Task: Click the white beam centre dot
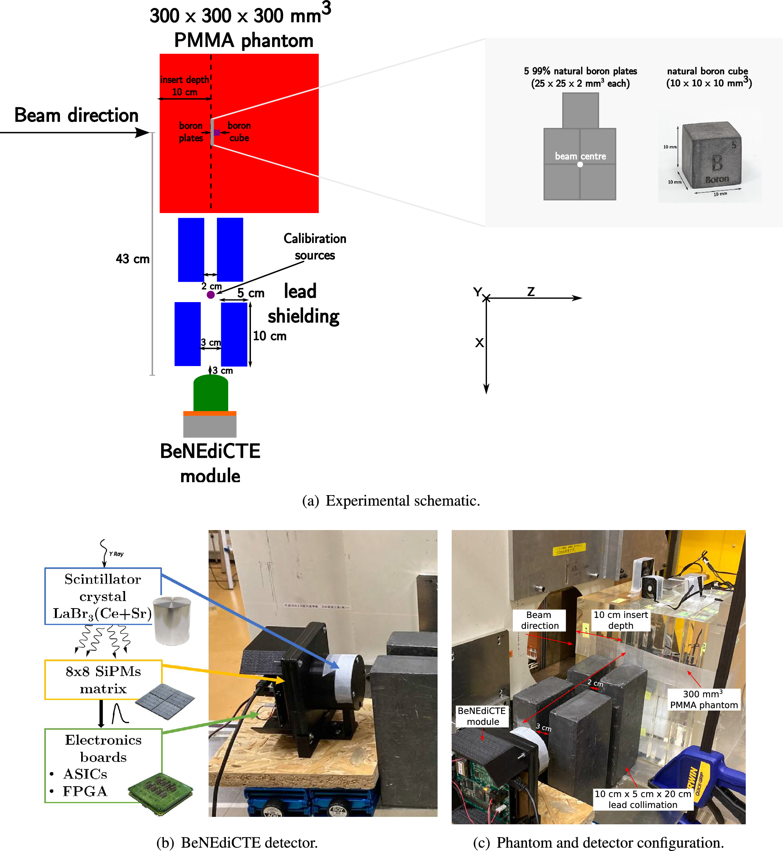click(580, 164)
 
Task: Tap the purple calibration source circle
click(211, 295)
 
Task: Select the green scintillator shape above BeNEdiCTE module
click(211, 393)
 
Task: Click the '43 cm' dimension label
click(133, 259)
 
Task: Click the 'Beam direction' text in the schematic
click(76, 115)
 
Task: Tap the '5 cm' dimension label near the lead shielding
click(251, 293)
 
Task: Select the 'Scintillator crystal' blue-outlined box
click(103, 596)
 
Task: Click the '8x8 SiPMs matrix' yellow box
click(103, 679)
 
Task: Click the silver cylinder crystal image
click(172, 620)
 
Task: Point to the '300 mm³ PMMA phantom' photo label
click(704, 699)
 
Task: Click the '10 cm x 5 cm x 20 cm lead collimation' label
click(642, 799)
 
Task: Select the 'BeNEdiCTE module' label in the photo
click(482, 716)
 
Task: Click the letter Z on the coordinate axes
click(530, 292)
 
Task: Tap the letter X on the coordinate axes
click(479, 343)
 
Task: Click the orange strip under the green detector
click(210, 414)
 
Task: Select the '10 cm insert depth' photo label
click(620, 620)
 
